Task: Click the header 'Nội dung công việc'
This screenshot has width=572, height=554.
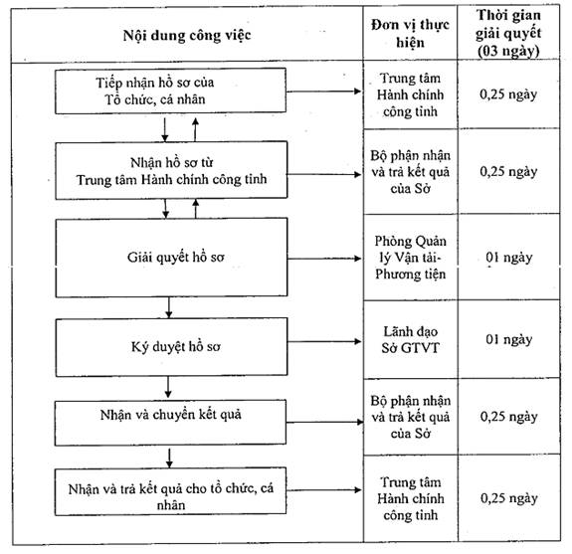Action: coord(187,36)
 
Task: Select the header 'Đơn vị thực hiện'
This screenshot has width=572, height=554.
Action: coord(410,33)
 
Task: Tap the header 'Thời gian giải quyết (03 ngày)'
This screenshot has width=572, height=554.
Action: coord(508,33)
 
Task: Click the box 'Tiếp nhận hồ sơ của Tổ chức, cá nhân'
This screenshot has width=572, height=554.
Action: coord(170,91)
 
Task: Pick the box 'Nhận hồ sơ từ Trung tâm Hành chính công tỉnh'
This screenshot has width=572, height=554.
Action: coord(171,170)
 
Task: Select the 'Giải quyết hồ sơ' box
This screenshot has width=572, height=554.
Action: coord(171,258)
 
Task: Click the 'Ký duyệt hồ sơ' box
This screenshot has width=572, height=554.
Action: coord(171,347)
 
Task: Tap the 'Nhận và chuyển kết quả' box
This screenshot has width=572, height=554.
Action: coord(170,423)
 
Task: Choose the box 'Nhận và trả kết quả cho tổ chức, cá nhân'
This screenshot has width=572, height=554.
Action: coord(170,491)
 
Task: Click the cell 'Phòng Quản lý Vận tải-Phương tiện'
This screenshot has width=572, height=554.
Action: coord(411,258)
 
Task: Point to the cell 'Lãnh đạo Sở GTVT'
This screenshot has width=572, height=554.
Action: coord(411,339)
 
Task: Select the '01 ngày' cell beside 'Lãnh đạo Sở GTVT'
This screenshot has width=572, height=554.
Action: coord(509,339)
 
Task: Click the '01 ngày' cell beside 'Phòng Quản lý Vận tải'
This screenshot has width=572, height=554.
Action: coord(509,258)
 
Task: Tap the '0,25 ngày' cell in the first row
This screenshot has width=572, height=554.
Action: coord(508,94)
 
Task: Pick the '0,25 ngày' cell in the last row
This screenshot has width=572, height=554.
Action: coord(509,498)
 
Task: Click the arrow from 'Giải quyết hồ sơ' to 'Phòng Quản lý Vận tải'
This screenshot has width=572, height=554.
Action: coord(324,259)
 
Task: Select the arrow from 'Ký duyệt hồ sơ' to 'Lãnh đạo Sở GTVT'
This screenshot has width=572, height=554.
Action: coord(324,341)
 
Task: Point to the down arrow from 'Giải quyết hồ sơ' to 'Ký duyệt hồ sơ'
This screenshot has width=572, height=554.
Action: coord(168,307)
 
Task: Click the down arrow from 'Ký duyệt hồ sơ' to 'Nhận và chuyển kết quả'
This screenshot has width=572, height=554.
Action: coord(168,387)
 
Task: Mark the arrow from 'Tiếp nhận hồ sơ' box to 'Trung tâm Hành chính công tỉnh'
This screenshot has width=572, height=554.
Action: coord(323,92)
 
